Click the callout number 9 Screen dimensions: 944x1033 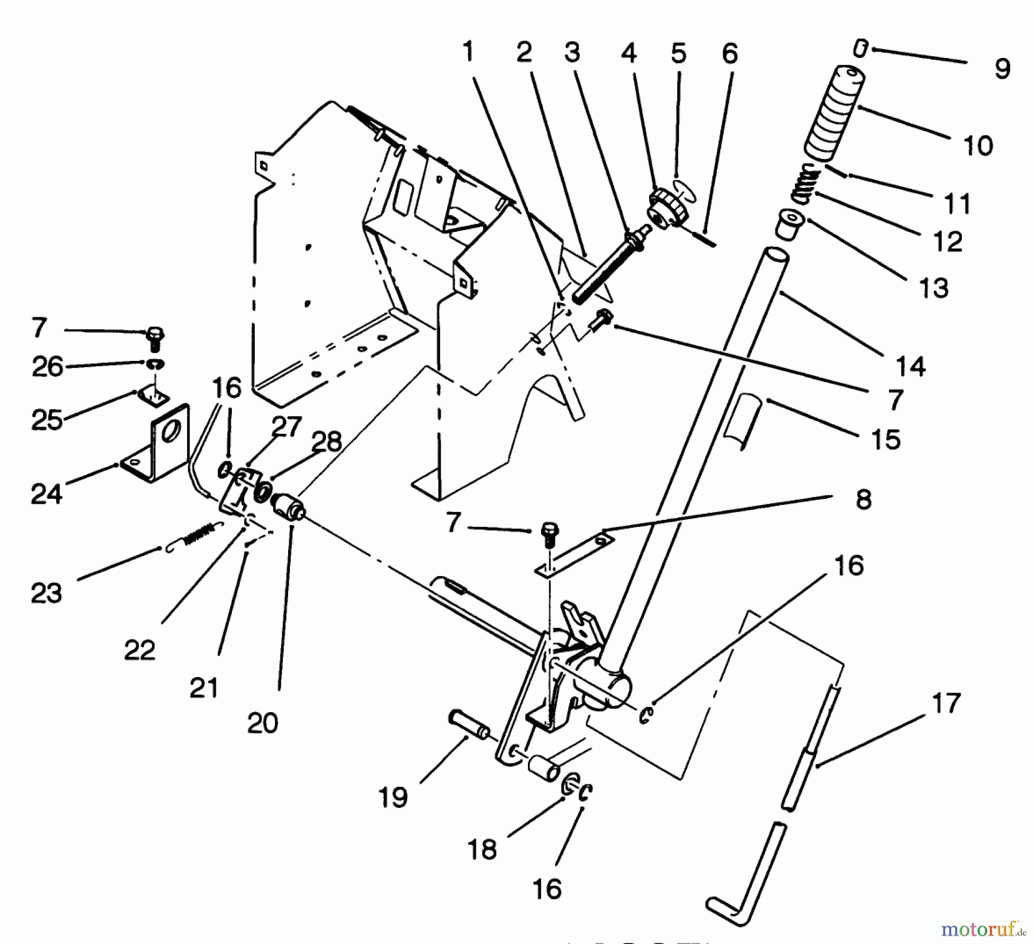1001,69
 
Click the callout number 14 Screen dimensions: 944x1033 910,366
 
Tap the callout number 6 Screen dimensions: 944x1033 729,54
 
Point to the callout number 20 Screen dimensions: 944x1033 263,723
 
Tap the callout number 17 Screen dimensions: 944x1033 945,703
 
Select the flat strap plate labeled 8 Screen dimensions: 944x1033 574,553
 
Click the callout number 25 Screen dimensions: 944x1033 47,420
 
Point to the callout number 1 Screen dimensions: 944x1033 469,53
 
